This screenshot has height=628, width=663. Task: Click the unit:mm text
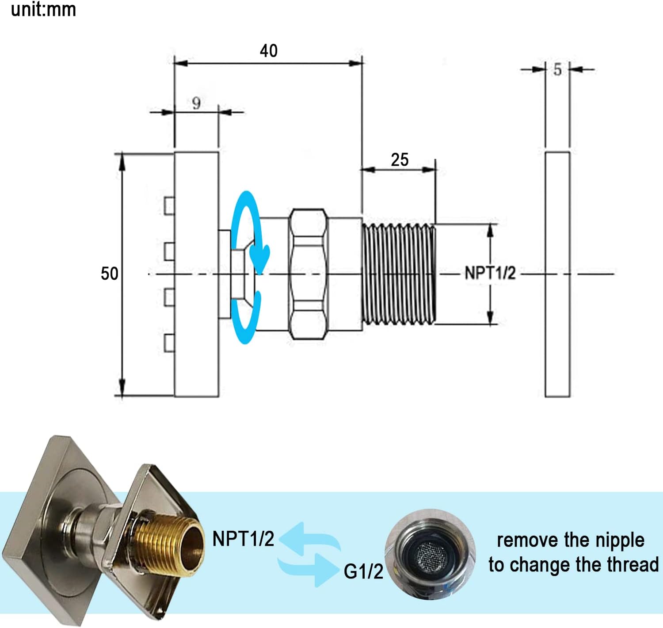[43, 10]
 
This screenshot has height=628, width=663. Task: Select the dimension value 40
[269, 51]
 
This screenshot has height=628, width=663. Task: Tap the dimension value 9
[196, 104]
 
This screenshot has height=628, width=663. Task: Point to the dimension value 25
[400, 160]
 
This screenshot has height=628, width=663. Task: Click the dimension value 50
[109, 274]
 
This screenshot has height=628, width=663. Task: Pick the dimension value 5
[557, 70]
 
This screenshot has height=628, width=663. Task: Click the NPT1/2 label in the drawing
[490, 273]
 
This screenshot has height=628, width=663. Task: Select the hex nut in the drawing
[309, 274]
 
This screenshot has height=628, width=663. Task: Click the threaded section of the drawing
[399, 274]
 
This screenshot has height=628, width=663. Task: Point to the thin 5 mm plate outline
[557, 274]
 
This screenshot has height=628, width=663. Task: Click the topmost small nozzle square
[169, 206]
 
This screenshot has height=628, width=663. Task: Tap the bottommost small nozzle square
[169, 343]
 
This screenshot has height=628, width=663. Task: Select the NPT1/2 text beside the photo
[243, 539]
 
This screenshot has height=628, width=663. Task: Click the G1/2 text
[363, 572]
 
